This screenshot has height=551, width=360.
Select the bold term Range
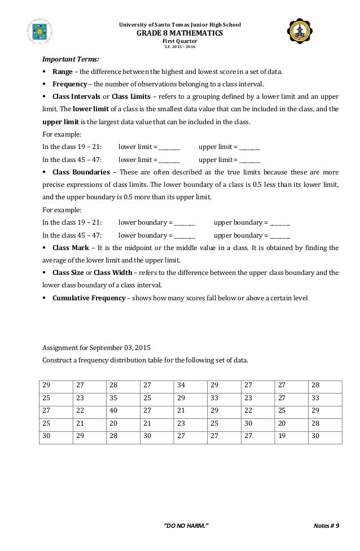pyautogui.click(x=63, y=72)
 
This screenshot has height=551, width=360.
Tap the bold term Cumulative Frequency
pyautogui.click(x=89, y=298)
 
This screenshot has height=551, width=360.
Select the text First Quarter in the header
pyautogui.click(x=180, y=41)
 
